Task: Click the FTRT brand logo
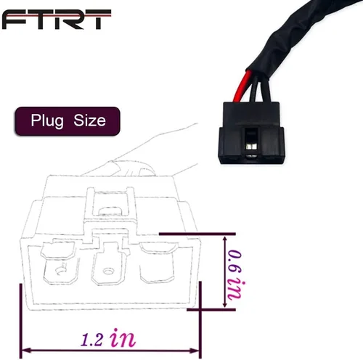[x=57, y=20]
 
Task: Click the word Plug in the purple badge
[x=47, y=120]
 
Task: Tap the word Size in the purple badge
[x=89, y=120]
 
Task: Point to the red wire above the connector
[x=242, y=86]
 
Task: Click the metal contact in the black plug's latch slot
[x=251, y=147]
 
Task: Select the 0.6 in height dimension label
[x=234, y=274]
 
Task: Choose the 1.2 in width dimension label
[x=108, y=338]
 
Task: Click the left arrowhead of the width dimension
[x=26, y=350]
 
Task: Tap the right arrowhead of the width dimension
[x=195, y=351]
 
